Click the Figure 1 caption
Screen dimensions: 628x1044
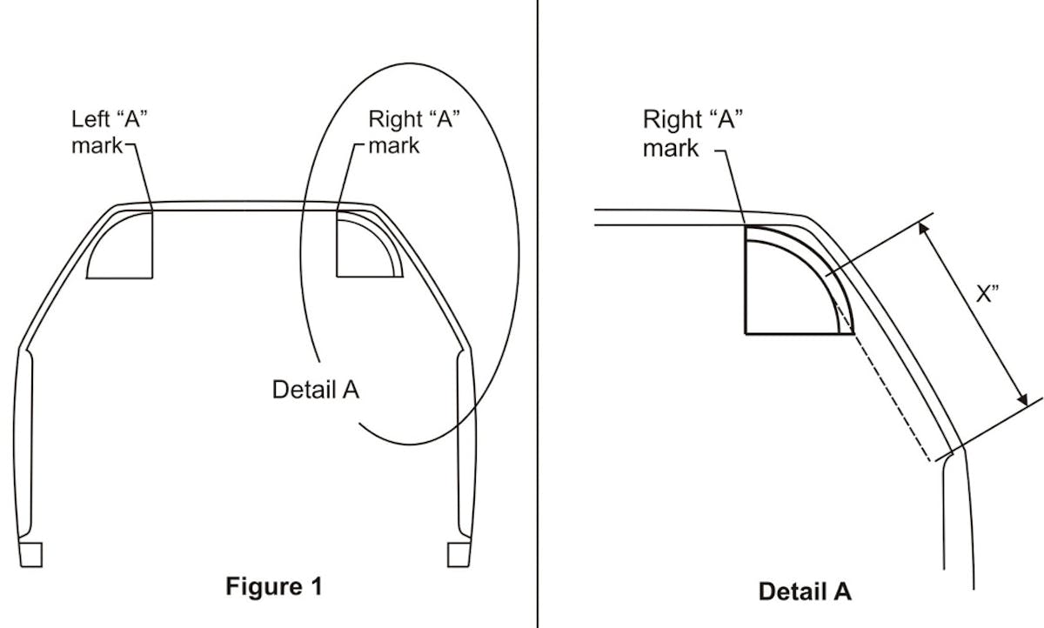(273, 586)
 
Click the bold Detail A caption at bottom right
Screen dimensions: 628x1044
(804, 592)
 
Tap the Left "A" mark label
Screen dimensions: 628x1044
(108, 132)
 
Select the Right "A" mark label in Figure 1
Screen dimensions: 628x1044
(413, 131)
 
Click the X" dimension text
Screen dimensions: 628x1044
(986, 294)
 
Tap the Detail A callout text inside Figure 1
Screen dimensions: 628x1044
(315, 389)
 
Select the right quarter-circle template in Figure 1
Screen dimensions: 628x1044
(365, 248)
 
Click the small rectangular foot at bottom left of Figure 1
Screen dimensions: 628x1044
(30, 554)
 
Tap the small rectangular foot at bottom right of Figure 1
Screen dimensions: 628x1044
(458, 554)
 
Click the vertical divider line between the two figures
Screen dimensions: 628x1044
(537, 313)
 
